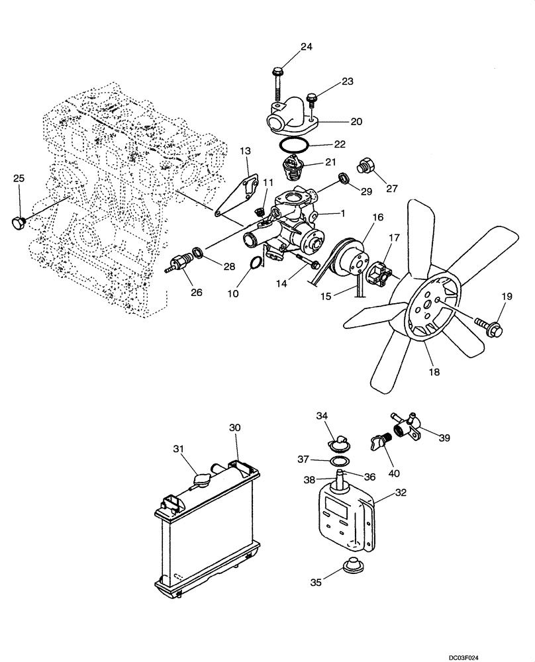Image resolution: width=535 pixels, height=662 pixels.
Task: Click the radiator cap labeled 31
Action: click(200, 480)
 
